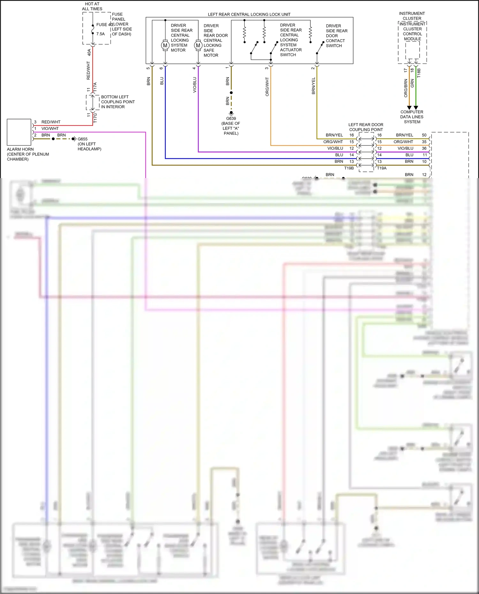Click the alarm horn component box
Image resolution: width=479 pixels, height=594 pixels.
pos(19,132)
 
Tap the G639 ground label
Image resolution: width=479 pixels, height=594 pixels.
pos(231,118)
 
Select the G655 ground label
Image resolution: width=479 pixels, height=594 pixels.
pos(82,139)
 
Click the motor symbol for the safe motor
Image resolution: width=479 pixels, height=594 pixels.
pos(198,45)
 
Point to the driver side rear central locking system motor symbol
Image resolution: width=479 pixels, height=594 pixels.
pos(165,45)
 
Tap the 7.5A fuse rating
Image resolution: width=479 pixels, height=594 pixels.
pos(100,34)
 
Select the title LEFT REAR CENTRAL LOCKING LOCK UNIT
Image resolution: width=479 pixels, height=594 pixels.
pos(249,14)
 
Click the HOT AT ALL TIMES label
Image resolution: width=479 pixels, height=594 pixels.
pos(92,6)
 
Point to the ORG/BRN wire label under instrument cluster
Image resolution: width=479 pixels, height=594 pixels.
pos(406,88)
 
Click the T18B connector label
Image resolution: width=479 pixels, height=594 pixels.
pos(419,73)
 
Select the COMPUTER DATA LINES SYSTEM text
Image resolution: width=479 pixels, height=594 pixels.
pos(412,117)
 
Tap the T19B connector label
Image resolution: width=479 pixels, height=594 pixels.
pos(349,168)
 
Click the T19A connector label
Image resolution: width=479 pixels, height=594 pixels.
pos(382,168)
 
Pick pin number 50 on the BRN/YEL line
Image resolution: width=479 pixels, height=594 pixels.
pos(424,135)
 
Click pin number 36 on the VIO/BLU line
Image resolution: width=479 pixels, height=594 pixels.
pos(424,148)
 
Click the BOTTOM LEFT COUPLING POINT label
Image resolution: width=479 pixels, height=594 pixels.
pos(118,102)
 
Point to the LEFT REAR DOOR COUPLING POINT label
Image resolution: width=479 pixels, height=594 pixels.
pos(366,127)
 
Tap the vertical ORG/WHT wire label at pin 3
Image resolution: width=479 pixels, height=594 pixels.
pos(267,86)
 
